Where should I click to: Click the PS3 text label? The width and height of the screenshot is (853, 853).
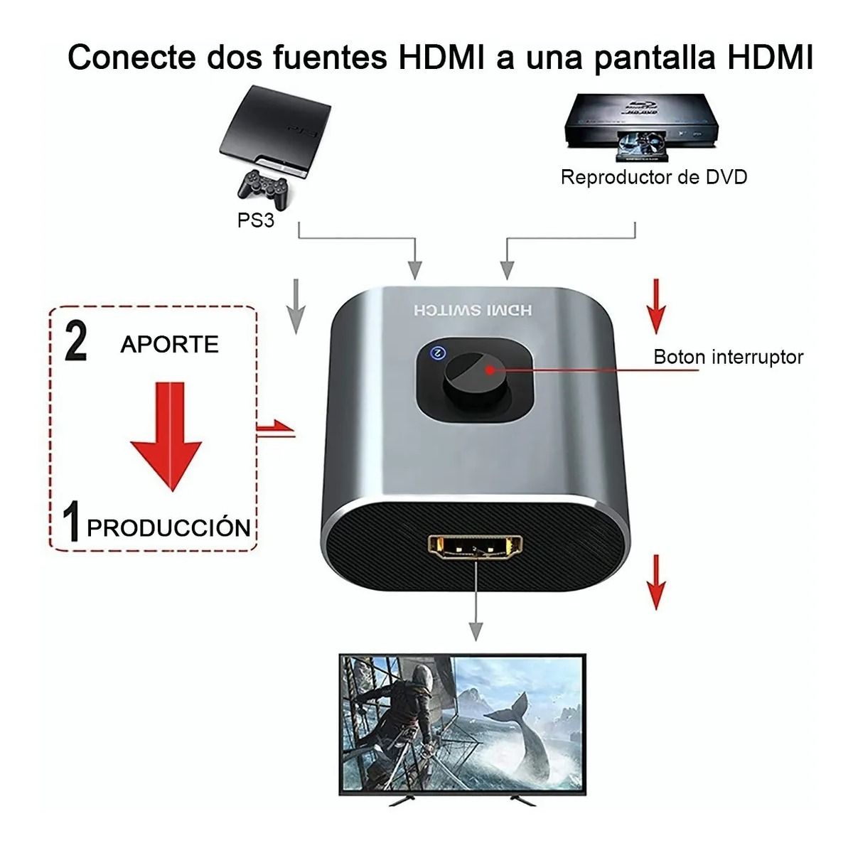(255, 220)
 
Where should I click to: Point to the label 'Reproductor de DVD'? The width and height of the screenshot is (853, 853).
(654, 177)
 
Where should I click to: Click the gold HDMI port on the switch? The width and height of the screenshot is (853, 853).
(476, 547)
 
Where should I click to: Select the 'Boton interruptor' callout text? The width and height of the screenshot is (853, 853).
(728, 356)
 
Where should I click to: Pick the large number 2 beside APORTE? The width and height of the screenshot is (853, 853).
(76, 341)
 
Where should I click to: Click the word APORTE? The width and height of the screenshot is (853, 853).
(169, 344)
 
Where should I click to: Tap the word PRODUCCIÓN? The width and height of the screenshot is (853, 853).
(168, 528)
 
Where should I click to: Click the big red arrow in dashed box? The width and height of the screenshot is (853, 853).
(166, 434)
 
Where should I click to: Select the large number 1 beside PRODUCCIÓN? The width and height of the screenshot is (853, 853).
(71, 522)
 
